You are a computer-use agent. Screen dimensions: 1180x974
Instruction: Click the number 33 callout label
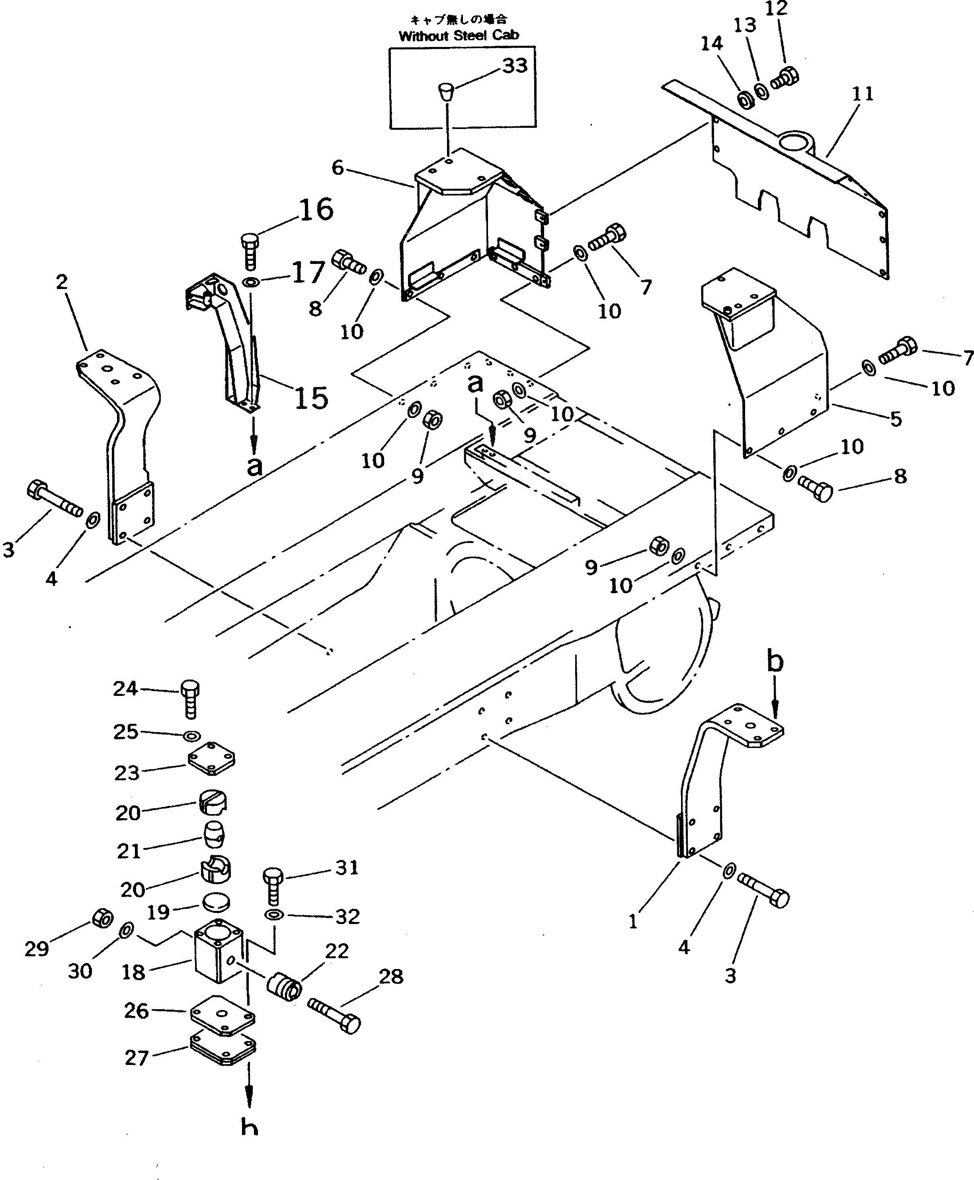click(x=515, y=66)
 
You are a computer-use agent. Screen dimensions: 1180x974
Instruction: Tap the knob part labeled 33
click(x=446, y=90)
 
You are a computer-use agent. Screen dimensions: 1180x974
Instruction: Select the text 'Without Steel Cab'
click(x=459, y=36)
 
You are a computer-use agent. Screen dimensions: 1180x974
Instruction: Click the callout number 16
click(x=316, y=209)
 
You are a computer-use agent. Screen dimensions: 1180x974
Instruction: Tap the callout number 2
click(x=62, y=282)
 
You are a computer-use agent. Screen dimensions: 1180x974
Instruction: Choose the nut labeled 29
click(x=102, y=917)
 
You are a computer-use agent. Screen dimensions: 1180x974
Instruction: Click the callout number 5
click(x=896, y=418)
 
